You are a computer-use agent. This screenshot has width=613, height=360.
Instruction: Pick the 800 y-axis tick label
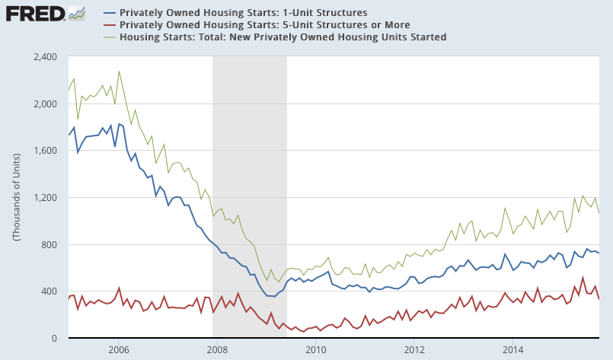click(x=52, y=245)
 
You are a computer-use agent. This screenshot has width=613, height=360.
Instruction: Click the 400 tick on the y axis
click(x=52, y=292)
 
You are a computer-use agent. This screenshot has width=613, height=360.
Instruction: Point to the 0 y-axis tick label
click(x=57, y=339)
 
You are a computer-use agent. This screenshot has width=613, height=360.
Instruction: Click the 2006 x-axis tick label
click(x=118, y=350)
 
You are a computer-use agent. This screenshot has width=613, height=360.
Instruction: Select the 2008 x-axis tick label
click(x=216, y=350)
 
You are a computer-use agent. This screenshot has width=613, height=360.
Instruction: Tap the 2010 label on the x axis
click(x=315, y=350)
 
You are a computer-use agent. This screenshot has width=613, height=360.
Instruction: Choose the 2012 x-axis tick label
click(x=414, y=350)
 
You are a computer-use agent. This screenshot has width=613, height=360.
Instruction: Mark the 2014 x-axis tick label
click(x=512, y=350)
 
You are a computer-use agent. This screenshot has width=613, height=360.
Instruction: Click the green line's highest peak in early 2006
click(x=119, y=72)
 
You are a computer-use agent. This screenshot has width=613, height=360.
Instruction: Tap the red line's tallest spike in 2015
click(x=583, y=278)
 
